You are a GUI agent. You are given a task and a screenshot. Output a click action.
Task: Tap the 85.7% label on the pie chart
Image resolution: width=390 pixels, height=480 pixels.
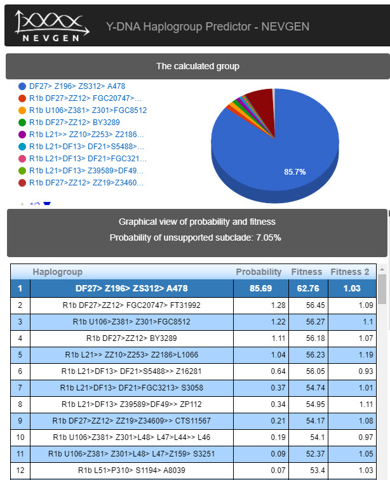(295, 171)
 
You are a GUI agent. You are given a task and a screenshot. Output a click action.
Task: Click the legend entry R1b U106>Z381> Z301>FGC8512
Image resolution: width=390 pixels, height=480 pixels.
(88, 110)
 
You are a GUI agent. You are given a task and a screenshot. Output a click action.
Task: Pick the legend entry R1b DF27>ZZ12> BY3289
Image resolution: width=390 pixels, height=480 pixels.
(74, 122)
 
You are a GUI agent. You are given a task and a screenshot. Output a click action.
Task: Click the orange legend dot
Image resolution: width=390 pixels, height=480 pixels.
(23, 110)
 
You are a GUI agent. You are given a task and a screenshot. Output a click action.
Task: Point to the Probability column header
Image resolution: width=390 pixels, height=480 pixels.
(259, 272)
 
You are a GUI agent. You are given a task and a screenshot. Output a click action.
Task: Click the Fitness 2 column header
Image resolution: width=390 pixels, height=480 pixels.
(349, 272)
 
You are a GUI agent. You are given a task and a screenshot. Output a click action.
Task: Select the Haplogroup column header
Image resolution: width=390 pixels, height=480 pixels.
(58, 272)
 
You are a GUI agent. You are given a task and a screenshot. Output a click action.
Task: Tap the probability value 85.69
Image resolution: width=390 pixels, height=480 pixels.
(259, 288)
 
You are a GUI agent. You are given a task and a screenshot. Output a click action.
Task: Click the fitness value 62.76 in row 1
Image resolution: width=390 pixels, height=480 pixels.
(306, 288)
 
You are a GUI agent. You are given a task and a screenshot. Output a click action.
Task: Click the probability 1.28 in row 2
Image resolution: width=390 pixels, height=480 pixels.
(271, 305)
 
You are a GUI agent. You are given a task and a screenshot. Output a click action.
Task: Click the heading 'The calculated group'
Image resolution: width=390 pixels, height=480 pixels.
(198, 66)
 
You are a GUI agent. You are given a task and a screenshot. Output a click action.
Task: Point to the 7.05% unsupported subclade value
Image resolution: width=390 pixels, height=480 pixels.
(267, 237)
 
